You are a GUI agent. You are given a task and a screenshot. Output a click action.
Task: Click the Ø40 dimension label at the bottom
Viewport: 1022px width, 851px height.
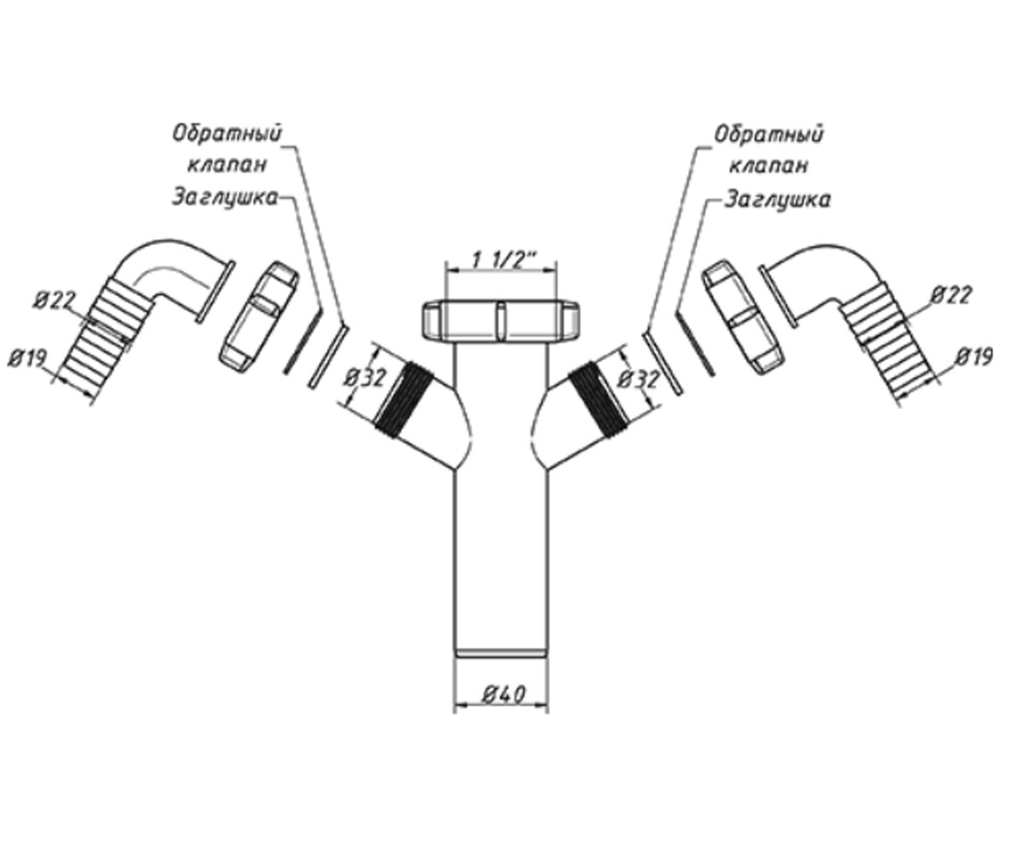tap(503, 694)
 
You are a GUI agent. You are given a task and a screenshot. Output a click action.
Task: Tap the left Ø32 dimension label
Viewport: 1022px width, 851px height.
tap(365, 379)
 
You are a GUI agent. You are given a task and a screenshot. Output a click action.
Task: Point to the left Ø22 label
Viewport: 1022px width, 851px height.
tap(55, 300)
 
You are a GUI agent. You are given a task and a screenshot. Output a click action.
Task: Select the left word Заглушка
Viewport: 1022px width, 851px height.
tap(225, 198)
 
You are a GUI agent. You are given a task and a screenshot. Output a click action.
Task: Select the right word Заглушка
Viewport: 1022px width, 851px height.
tap(778, 199)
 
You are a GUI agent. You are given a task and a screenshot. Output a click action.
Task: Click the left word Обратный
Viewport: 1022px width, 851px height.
tap(227, 134)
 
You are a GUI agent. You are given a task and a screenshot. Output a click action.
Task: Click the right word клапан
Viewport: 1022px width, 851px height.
tap(768, 166)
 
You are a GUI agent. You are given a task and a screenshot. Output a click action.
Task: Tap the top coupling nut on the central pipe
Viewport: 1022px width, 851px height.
tap(502, 320)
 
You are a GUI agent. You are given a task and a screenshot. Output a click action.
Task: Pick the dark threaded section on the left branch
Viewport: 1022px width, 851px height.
tap(405, 397)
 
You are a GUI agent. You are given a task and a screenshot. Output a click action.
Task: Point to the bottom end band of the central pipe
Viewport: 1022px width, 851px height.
tap(502, 654)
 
